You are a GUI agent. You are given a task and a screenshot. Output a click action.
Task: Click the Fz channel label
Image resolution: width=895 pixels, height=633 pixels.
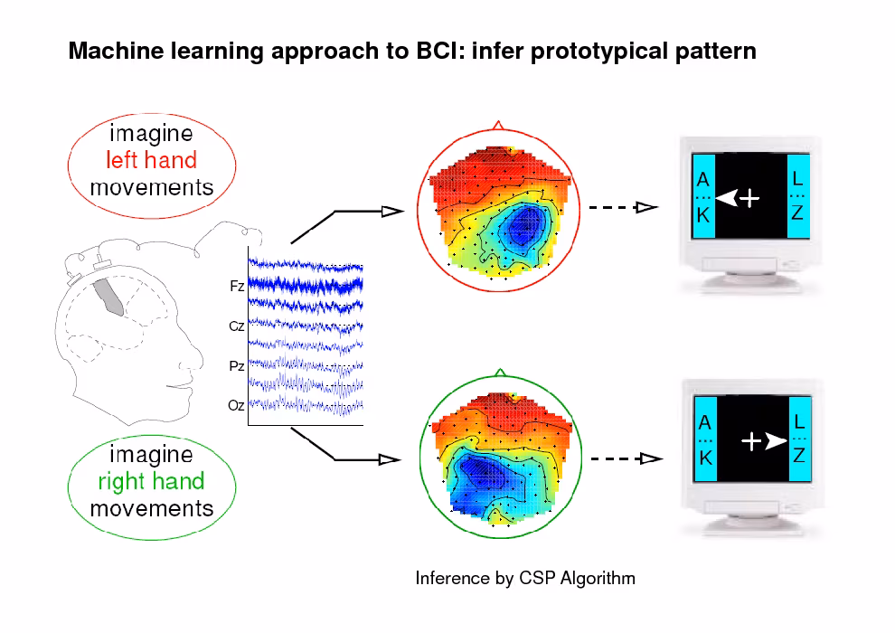(x=237, y=286)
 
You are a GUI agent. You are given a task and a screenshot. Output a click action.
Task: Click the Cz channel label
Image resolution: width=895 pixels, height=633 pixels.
(x=237, y=326)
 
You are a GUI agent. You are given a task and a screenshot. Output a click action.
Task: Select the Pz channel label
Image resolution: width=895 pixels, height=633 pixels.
(x=237, y=366)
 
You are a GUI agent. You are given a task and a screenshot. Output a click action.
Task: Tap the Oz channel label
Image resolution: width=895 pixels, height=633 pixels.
(x=237, y=406)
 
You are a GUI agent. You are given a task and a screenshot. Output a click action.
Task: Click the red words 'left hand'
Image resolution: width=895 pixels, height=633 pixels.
(x=151, y=161)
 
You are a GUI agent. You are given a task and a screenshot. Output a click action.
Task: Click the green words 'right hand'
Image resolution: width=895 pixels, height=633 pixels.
(x=151, y=481)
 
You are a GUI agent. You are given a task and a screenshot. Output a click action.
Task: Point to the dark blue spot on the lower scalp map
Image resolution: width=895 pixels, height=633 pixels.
(x=476, y=471)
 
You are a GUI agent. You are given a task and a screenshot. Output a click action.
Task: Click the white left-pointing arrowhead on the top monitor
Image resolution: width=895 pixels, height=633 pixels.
(x=727, y=198)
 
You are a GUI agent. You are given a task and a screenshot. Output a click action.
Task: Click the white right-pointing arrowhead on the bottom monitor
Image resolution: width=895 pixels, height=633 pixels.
(x=775, y=442)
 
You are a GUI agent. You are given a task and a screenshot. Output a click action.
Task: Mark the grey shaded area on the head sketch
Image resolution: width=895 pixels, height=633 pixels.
(x=110, y=296)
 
